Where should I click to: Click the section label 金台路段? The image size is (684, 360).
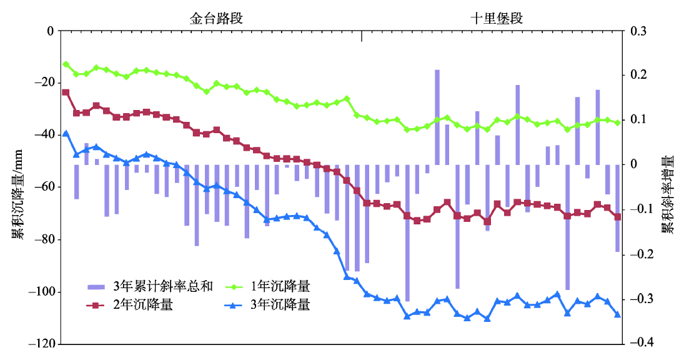point(216,19)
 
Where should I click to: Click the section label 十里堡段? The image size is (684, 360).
point(497,19)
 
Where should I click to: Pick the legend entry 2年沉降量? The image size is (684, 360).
point(143,306)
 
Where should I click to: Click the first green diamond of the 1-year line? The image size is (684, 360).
point(66,64)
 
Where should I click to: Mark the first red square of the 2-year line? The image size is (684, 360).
point(66,92)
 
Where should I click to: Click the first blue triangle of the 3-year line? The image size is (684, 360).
point(66,134)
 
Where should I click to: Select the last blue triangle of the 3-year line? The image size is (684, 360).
point(617,314)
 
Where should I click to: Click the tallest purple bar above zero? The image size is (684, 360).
point(437,117)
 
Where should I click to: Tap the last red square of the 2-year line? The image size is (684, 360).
point(617,217)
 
